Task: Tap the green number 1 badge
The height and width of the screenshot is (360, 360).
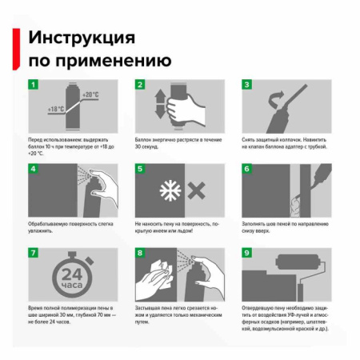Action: tap(33, 85)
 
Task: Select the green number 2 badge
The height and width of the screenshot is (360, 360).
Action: tap(139, 85)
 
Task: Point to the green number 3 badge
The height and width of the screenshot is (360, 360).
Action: tap(247, 85)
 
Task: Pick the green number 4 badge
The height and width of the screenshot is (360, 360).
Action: tap(33, 170)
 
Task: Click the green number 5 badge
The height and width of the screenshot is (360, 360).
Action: tap(139, 170)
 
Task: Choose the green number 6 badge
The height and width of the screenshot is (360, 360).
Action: tap(247, 170)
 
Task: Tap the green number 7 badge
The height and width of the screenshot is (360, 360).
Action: tap(33, 254)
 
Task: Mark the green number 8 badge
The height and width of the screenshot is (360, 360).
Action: tap(139, 254)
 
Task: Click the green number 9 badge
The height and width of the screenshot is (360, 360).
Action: tap(247, 254)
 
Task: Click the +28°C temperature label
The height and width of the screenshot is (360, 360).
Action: tap(90, 94)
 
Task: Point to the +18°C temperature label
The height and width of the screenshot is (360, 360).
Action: tap(56, 108)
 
